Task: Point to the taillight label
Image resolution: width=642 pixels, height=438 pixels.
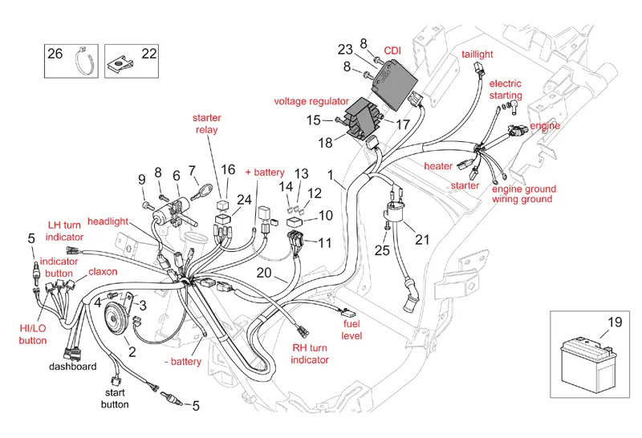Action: pos(477,54)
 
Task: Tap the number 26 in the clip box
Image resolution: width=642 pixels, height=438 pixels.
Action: pos(55,54)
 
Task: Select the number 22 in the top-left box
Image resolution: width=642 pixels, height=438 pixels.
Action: pos(149,54)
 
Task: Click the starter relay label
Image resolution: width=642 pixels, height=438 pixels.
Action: pos(207,124)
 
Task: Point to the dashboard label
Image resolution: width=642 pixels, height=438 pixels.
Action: pos(73,367)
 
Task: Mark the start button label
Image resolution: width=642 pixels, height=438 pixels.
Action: pos(115,399)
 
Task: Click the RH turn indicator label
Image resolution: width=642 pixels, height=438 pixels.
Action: pos(310,354)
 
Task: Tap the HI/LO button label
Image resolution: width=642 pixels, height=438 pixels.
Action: pos(34,334)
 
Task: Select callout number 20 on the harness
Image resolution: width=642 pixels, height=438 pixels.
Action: pos(264,273)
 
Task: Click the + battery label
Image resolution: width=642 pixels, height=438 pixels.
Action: pos(265,172)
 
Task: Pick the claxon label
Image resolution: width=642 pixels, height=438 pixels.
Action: pos(103,272)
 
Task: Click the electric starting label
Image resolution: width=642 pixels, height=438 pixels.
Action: pos(506,90)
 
